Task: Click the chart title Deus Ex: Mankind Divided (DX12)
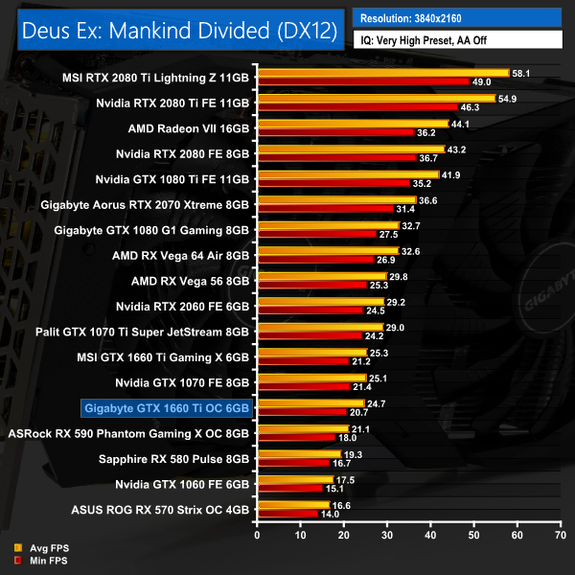[180, 30]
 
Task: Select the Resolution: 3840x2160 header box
[456, 17]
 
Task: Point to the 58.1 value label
[523, 72]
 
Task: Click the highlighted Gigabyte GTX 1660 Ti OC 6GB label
[167, 411]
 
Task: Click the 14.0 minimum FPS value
[329, 515]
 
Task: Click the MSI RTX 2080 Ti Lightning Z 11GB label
[154, 78]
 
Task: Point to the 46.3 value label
[498, 107]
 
